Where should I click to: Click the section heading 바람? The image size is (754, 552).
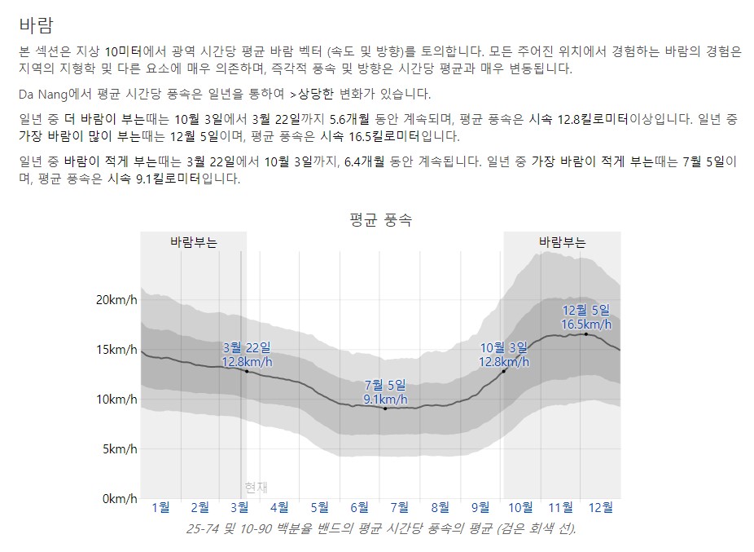[x=37, y=23]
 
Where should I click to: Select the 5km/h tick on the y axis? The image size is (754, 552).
[x=116, y=448]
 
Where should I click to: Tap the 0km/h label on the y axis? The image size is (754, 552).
[x=116, y=498]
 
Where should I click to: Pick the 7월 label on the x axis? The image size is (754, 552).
[x=400, y=507]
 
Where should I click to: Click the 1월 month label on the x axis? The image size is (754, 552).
[x=160, y=507]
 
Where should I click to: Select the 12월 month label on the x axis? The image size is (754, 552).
[x=600, y=507]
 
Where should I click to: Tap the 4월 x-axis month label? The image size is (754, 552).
[x=279, y=507]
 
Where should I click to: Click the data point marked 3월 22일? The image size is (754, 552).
[x=247, y=371]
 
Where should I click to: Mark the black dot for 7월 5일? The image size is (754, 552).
[x=385, y=408]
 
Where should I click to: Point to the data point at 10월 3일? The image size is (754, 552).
[x=504, y=371]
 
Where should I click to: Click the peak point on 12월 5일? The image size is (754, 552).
[x=586, y=333]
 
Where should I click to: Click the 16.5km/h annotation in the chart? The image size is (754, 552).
[x=586, y=325]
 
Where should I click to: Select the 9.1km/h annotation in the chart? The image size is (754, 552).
[x=385, y=400]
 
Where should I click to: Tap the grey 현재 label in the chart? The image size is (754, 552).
[x=256, y=488]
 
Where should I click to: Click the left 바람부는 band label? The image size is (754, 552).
[x=193, y=242]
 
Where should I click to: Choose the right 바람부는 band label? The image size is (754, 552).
[x=562, y=242]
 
